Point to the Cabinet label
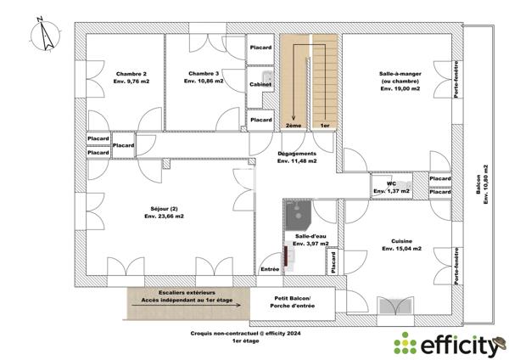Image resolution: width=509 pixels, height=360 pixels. click(x=260, y=85)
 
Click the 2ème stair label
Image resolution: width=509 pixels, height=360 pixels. click(x=294, y=125)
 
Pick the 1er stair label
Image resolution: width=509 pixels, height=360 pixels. click(x=324, y=125)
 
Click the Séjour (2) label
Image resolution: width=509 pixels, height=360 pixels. click(x=164, y=212)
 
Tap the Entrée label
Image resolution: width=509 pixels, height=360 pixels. click(x=270, y=269)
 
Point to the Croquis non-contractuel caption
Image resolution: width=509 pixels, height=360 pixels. click(x=245, y=335)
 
